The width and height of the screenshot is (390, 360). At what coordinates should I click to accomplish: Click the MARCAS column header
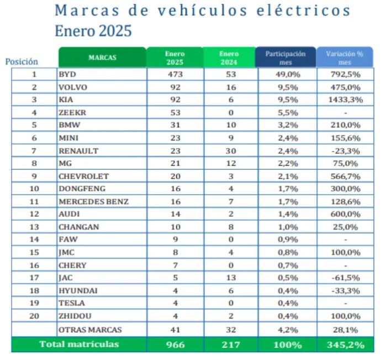[x=102, y=58]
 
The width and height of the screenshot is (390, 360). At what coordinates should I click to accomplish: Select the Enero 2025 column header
[x=174, y=58]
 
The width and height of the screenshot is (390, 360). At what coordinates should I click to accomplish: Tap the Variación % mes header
[x=345, y=58]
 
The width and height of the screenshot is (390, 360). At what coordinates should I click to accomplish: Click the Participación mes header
[x=285, y=58]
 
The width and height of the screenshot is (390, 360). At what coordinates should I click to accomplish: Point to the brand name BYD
[x=67, y=74]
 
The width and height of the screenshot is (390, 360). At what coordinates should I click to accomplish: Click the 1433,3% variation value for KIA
[x=345, y=100]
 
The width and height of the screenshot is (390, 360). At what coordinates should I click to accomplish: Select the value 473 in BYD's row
[x=175, y=74]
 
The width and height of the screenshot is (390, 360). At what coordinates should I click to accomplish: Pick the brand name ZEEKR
[x=71, y=112]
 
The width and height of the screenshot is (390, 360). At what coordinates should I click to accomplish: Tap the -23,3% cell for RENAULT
[x=345, y=150]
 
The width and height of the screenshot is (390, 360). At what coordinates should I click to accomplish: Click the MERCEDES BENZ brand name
[x=93, y=202]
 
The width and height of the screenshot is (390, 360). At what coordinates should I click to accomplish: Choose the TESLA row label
[x=71, y=303]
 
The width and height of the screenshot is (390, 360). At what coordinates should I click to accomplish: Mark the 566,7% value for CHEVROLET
[x=345, y=176]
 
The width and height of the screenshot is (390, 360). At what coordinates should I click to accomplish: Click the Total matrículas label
[x=78, y=344]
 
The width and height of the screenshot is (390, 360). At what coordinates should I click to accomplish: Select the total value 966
[x=175, y=345]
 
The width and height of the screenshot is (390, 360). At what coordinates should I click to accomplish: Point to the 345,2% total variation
[x=345, y=345]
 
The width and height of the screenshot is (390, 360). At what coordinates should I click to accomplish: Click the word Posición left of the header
[x=22, y=62]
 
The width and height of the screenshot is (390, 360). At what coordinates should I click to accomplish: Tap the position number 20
[x=34, y=316]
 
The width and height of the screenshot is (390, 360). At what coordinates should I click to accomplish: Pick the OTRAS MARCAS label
[x=90, y=330]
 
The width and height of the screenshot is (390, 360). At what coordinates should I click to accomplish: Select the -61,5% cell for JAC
[x=345, y=278]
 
